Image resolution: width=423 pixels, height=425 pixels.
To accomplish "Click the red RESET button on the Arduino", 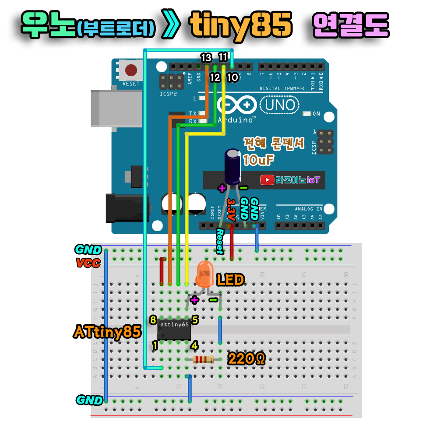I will tap(130, 70).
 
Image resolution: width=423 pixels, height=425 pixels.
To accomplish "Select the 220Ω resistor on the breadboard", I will tap(203, 360).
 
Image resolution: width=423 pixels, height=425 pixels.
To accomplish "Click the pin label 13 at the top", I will tap(206, 57).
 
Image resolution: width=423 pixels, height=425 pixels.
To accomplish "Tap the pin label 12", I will tap(215, 78).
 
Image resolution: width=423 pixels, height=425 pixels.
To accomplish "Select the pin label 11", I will tap(223, 57).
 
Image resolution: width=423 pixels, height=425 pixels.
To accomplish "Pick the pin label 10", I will tap(232, 78).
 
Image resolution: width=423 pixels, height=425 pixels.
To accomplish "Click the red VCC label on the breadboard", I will tap(88, 263).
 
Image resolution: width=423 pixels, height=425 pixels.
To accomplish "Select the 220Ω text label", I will tap(247, 359).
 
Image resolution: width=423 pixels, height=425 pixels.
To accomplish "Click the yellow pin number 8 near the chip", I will tap(153, 320).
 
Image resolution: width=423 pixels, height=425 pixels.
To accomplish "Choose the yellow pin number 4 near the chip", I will tap(194, 345).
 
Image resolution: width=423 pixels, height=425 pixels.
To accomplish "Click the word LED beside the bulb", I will tap(230, 280).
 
